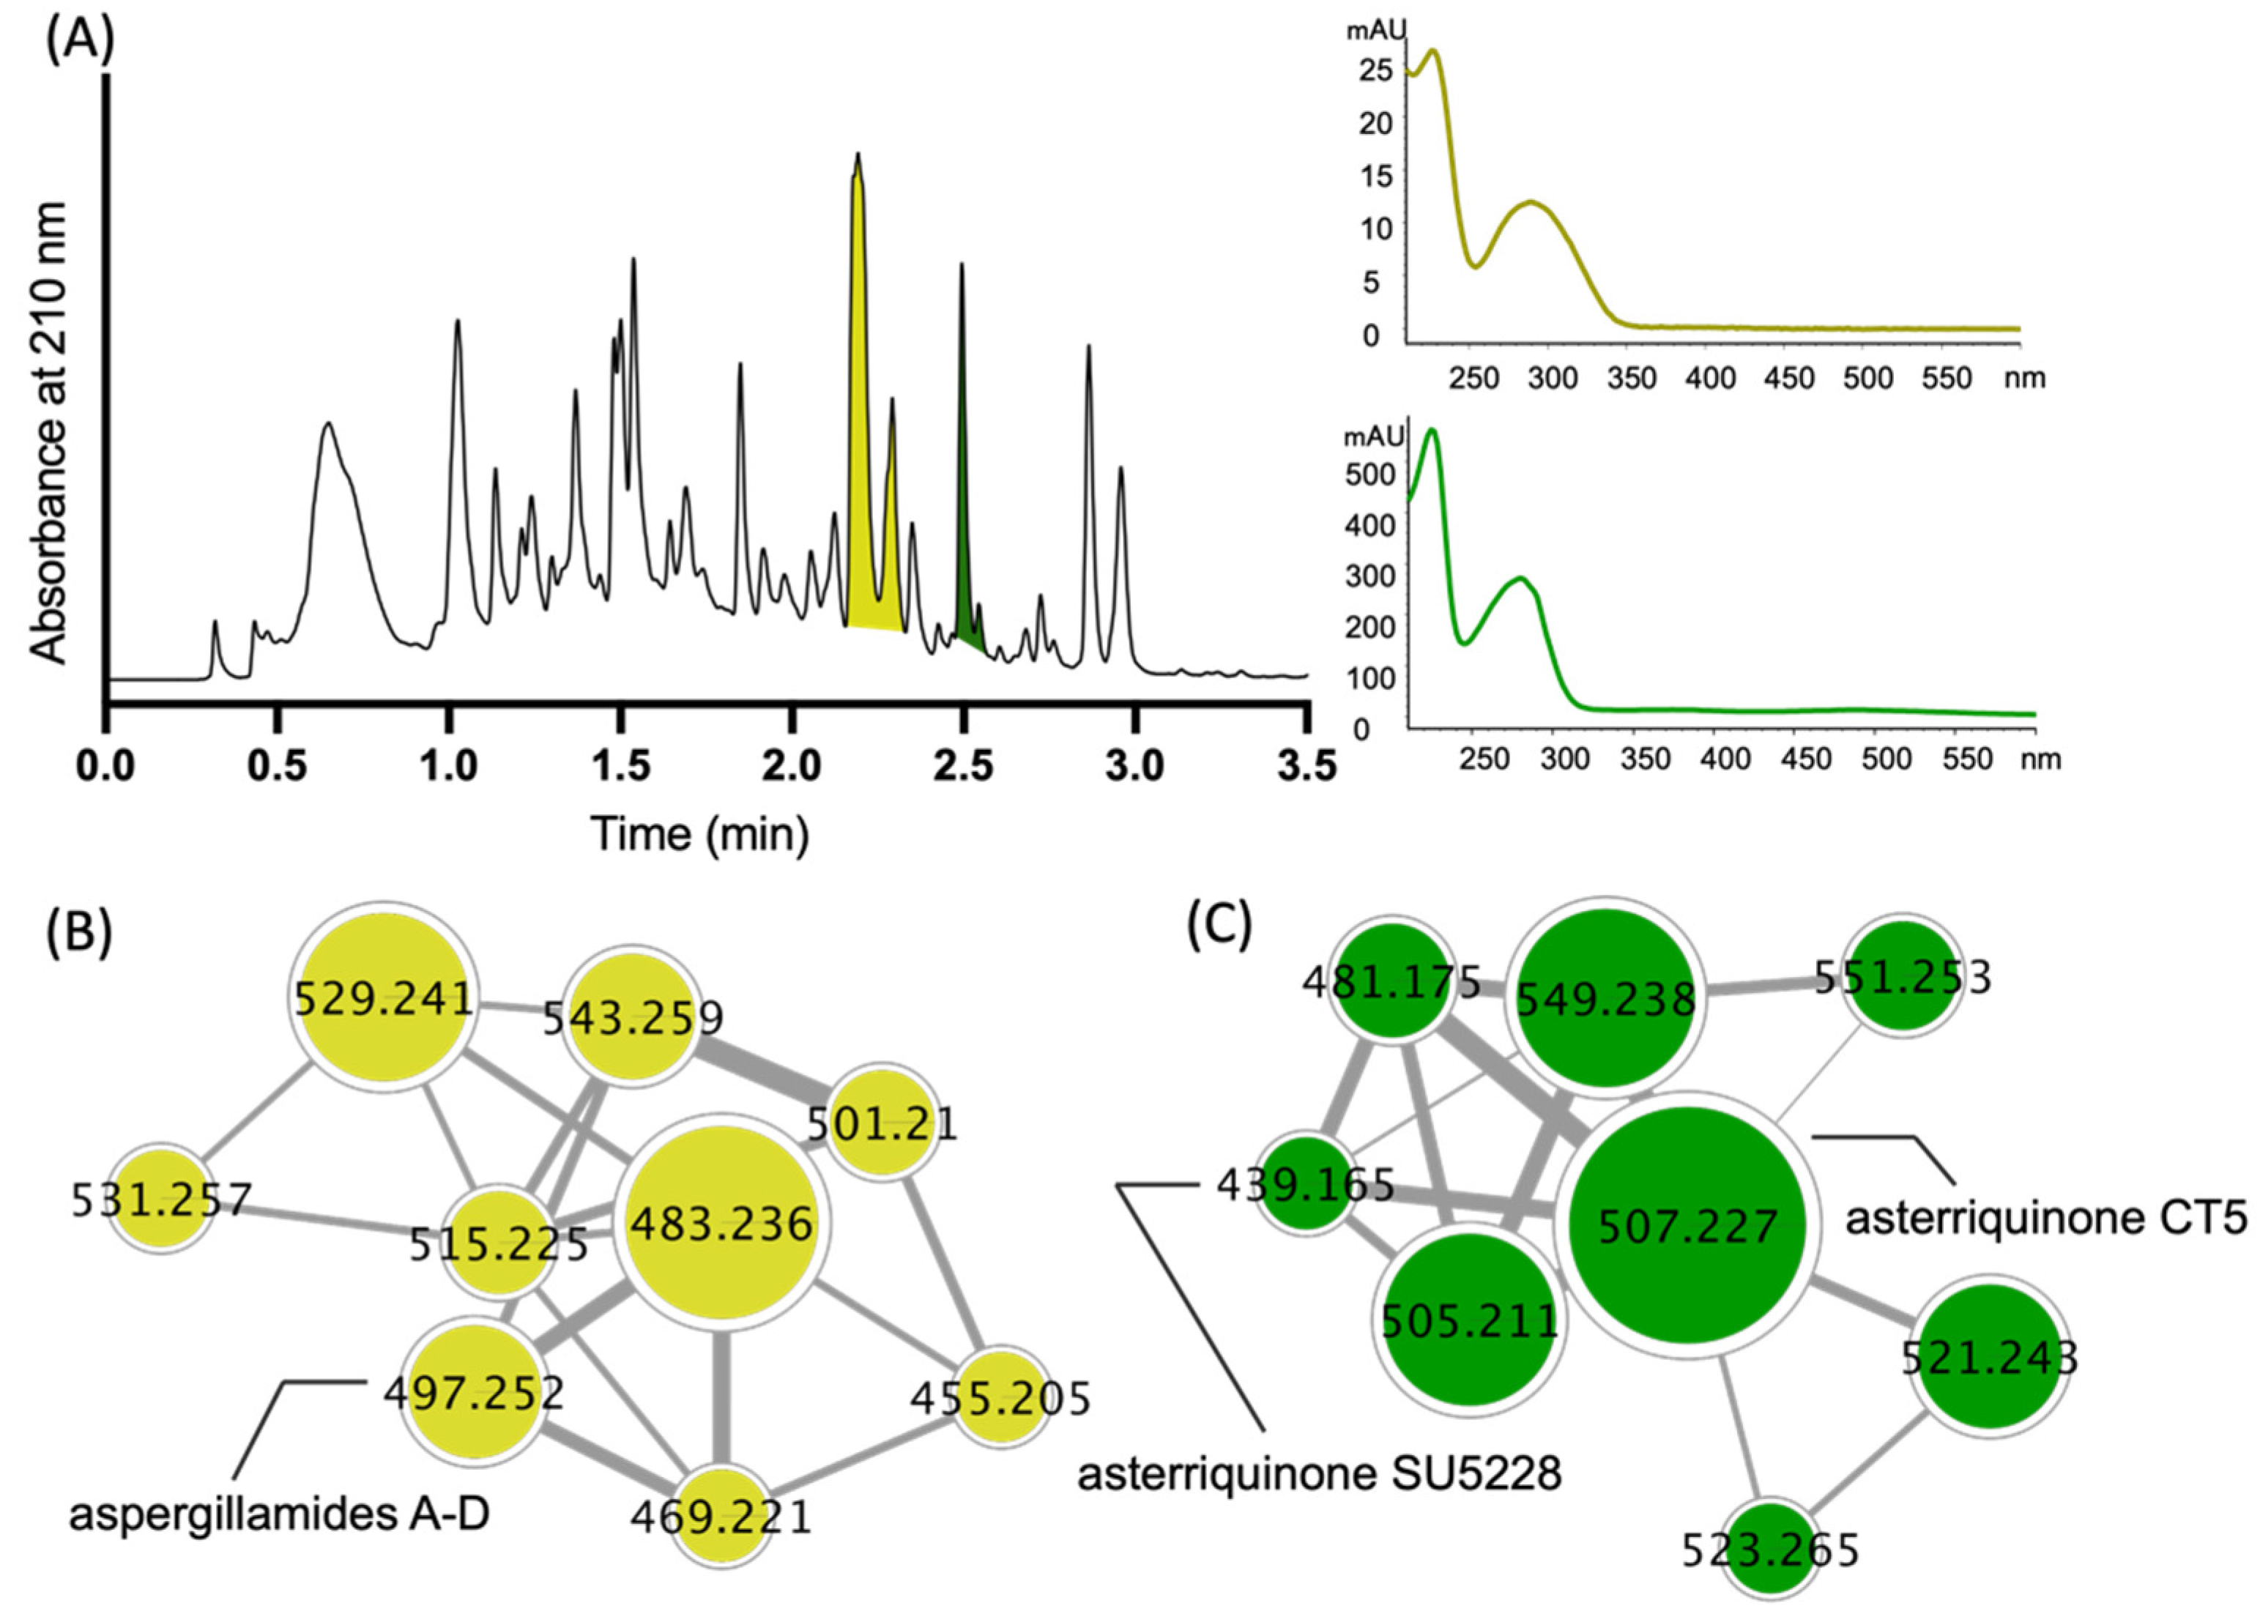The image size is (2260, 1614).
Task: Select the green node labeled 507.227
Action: coord(1687,1224)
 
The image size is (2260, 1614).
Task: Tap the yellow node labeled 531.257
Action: coord(162,1200)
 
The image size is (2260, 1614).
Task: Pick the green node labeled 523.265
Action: coord(1770,1548)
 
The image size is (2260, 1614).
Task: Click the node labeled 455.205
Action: coord(1002,1397)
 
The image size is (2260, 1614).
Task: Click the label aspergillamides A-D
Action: coord(279,1516)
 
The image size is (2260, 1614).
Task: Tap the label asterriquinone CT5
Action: coord(2045,1216)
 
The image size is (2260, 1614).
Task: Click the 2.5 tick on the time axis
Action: coord(963,766)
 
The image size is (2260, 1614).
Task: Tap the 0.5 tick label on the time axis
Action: coord(278,766)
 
